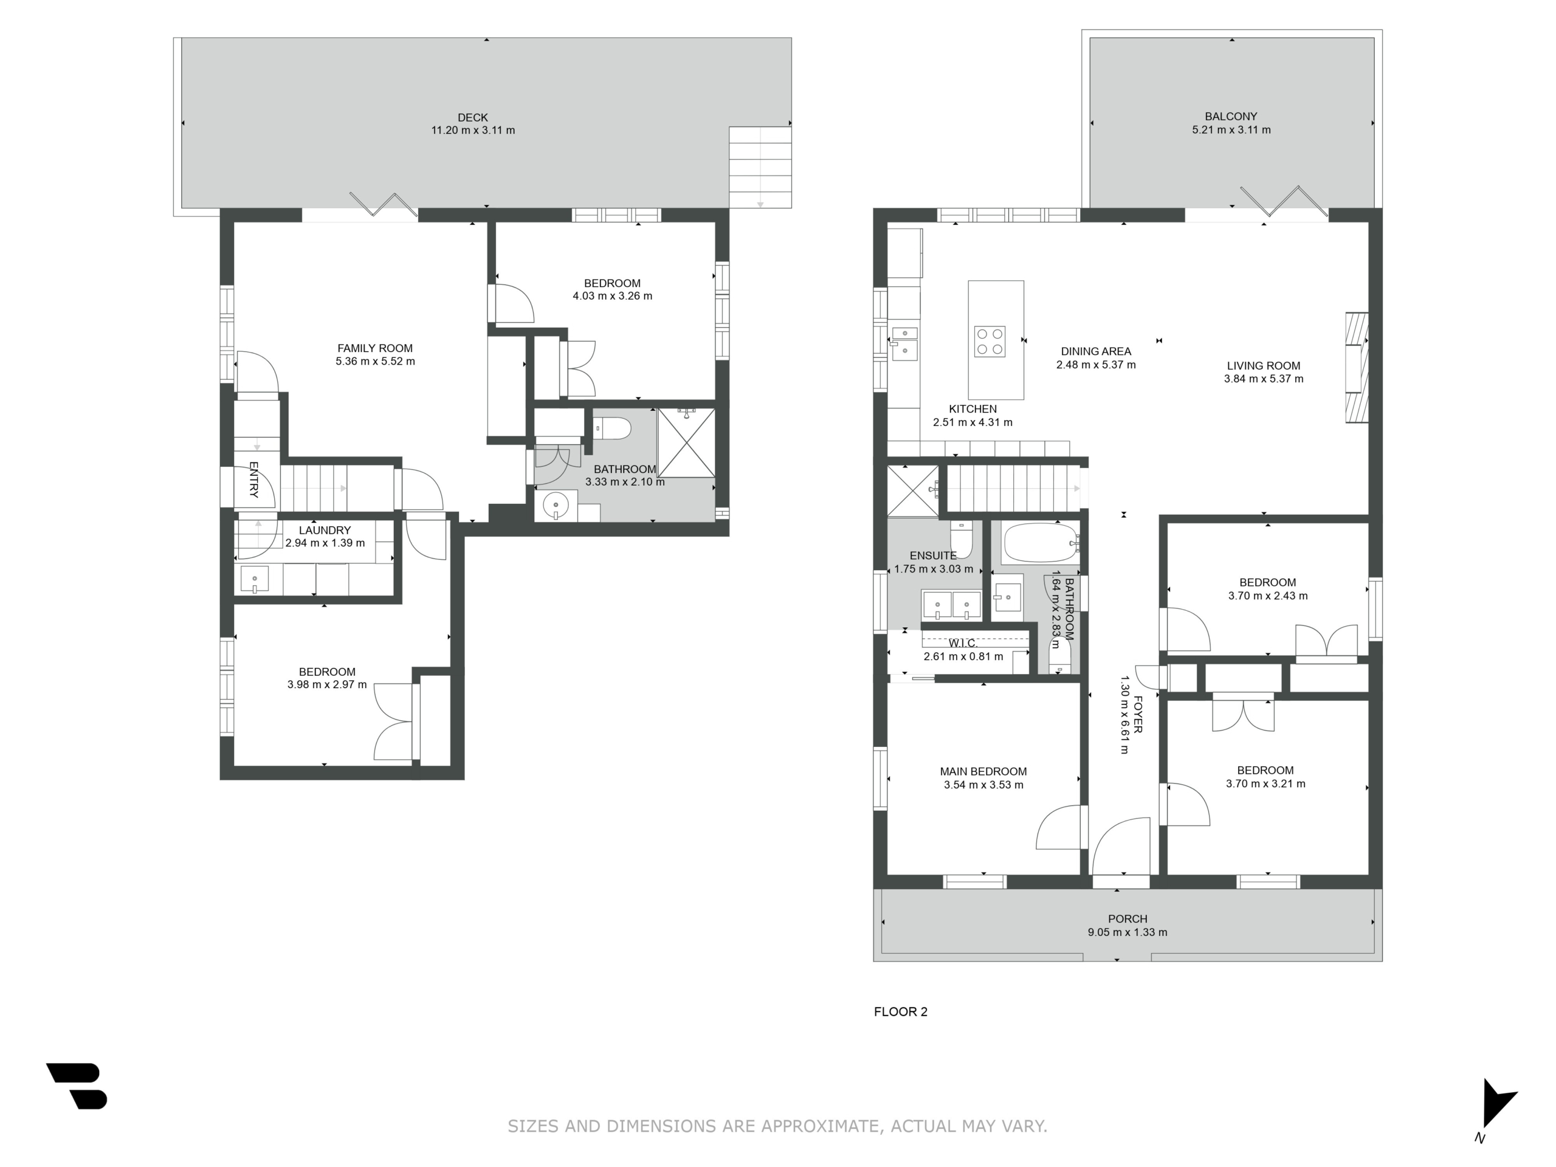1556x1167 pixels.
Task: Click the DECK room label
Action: pos(472,117)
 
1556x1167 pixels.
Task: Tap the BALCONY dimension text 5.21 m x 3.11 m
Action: pos(1231,129)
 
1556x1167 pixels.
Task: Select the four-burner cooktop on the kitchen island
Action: pos(989,342)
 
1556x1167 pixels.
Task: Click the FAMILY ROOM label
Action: pos(375,348)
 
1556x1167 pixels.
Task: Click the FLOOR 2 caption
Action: pos(900,1011)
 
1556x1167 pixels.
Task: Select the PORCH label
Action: pos(1127,918)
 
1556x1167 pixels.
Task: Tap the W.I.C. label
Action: pos(962,643)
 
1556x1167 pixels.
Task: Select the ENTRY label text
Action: pos(254,480)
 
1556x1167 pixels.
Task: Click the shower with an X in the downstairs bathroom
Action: pos(686,443)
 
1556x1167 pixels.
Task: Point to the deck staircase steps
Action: pos(760,167)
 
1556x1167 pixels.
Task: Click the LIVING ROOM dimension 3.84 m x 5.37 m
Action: pos(1264,379)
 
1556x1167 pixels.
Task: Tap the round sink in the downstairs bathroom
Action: pos(556,505)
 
